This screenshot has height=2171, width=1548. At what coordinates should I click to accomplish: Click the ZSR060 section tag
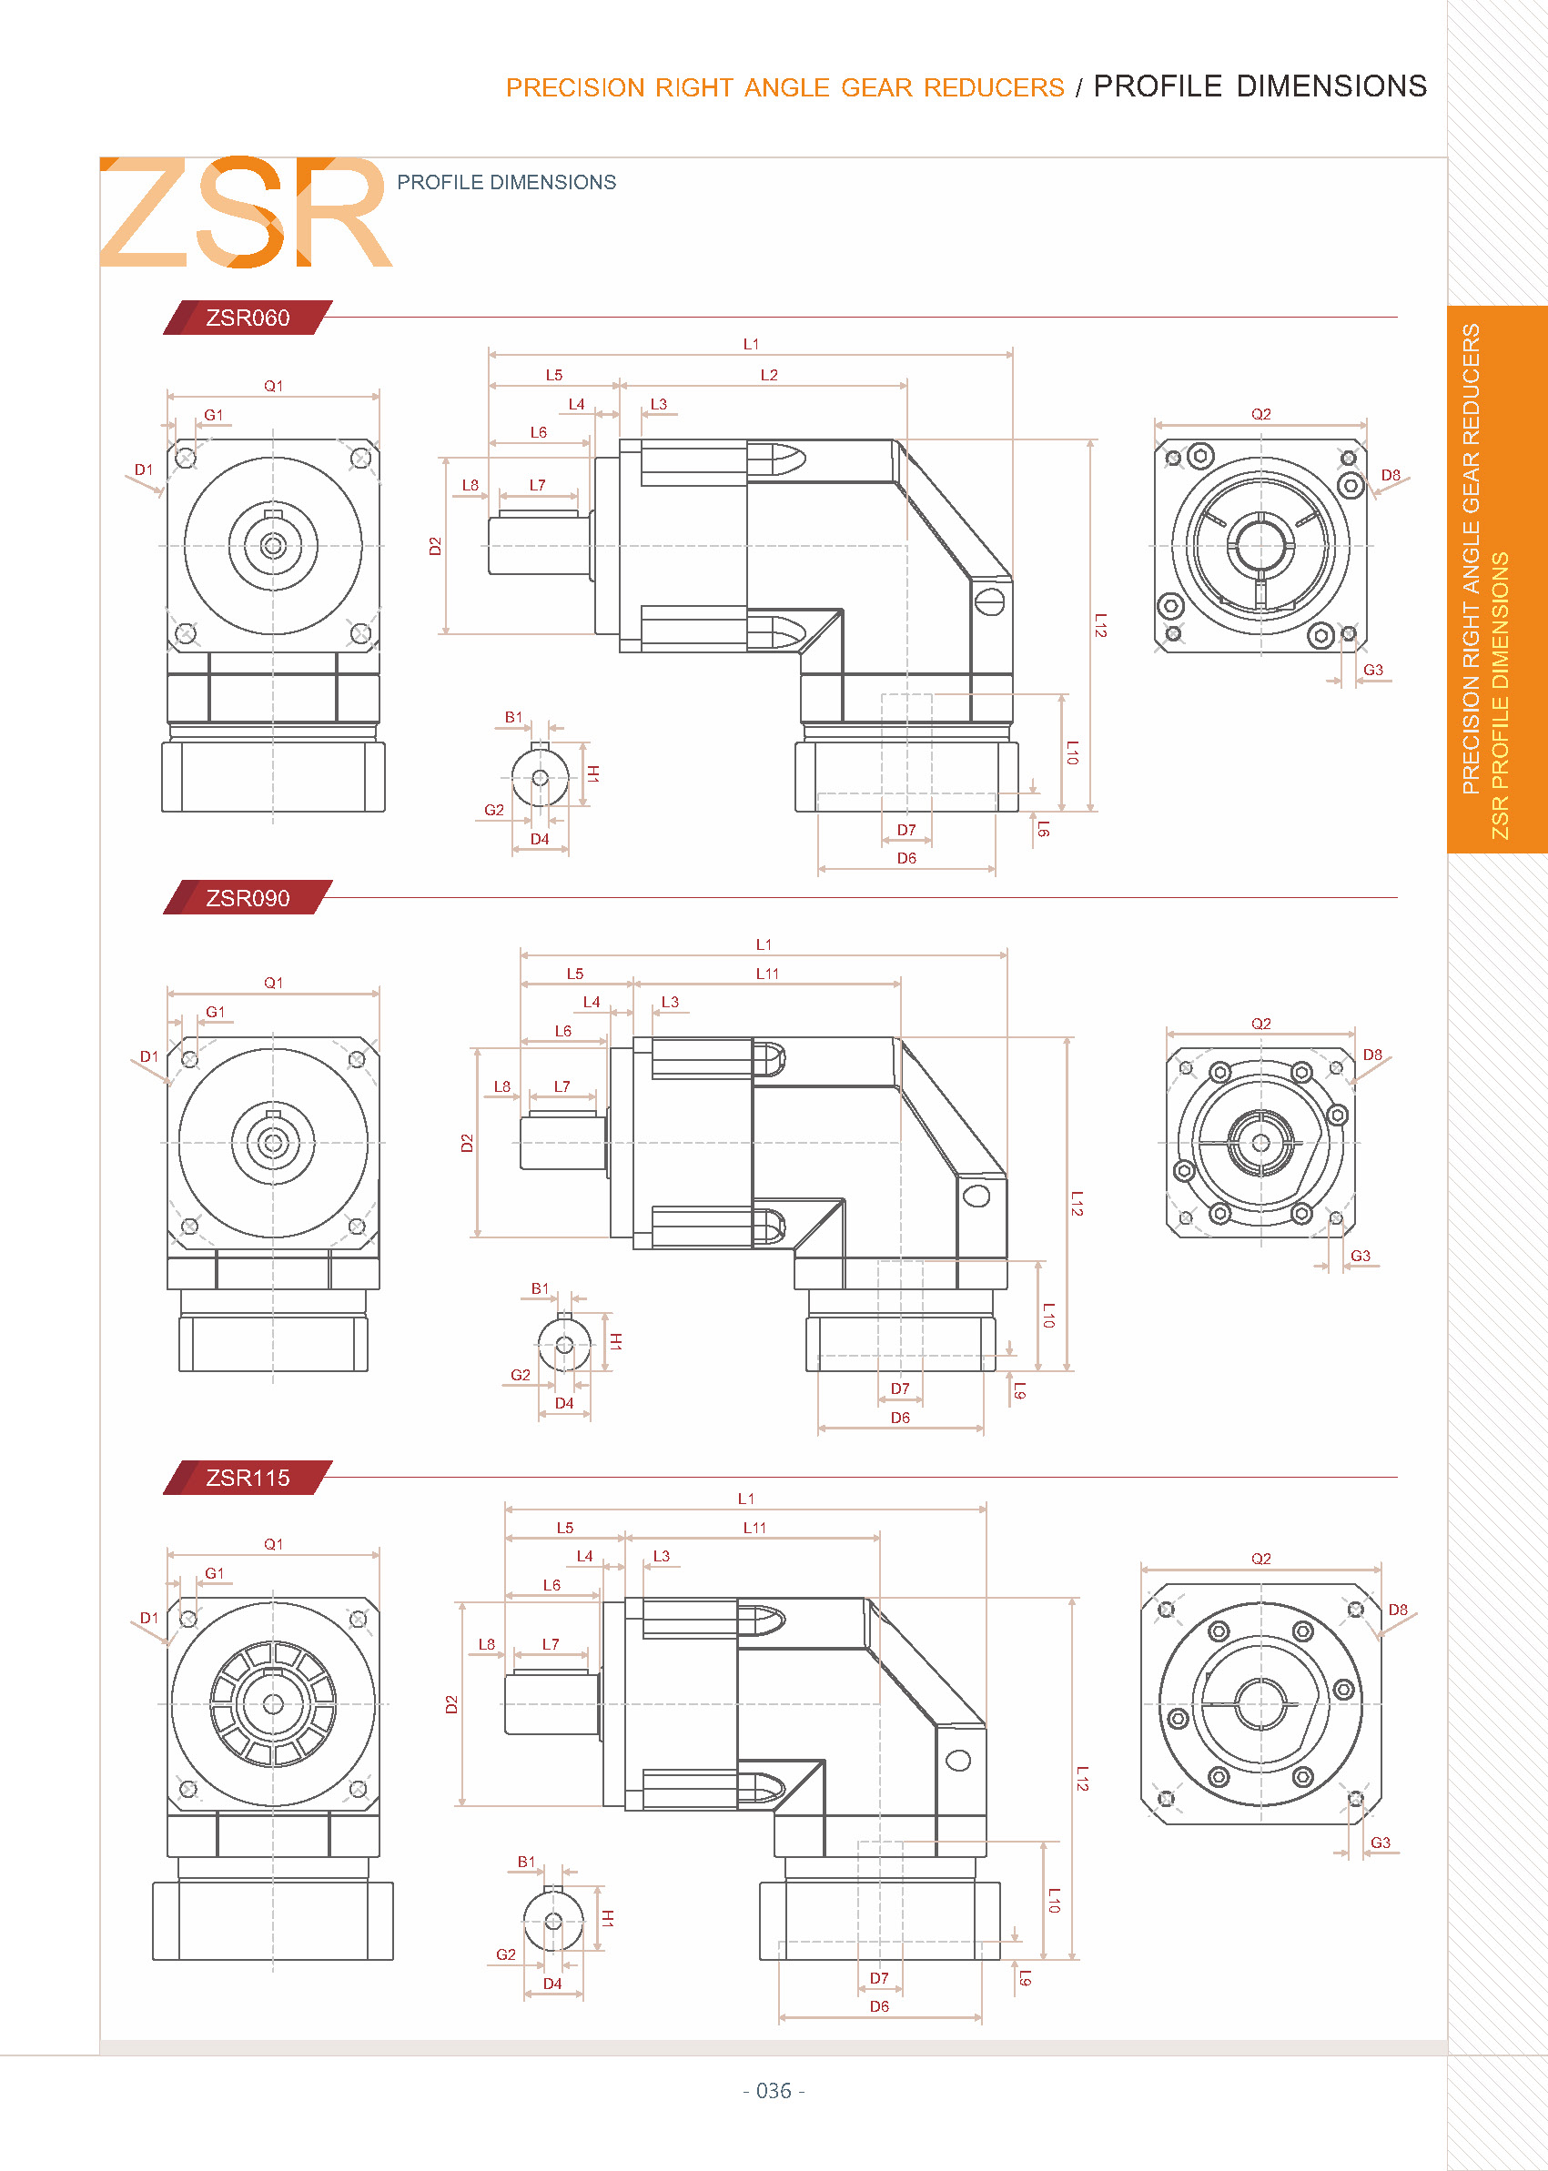[248, 318]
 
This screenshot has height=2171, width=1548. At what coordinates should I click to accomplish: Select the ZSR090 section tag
[248, 898]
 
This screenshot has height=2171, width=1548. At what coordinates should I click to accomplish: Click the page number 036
[773, 2090]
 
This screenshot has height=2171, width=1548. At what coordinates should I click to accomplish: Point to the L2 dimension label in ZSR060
[769, 375]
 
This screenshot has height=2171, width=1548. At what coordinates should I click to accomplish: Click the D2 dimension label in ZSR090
[466, 1143]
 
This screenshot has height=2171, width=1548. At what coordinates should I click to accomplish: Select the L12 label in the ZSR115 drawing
[1082, 1778]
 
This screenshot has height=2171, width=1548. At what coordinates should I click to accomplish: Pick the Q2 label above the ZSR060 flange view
[1261, 414]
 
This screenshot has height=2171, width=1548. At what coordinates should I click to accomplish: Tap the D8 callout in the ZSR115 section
[1398, 1610]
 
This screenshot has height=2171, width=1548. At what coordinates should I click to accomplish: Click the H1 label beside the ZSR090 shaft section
[616, 1341]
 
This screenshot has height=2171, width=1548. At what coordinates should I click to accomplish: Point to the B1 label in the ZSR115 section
[526, 1862]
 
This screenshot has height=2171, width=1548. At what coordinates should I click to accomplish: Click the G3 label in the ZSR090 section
[1361, 1256]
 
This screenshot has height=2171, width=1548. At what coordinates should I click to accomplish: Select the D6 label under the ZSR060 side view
[906, 858]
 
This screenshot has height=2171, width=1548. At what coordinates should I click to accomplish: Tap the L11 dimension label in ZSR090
[767, 973]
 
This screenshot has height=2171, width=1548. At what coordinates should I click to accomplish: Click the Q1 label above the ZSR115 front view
[274, 1544]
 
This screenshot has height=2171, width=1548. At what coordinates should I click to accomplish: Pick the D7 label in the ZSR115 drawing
[879, 1978]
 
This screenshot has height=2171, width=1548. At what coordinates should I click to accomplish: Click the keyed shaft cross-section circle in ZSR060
[541, 778]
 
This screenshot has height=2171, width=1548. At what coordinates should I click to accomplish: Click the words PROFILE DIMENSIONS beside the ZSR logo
[506, 182]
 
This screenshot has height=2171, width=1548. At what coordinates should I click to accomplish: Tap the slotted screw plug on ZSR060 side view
[989, 601]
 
